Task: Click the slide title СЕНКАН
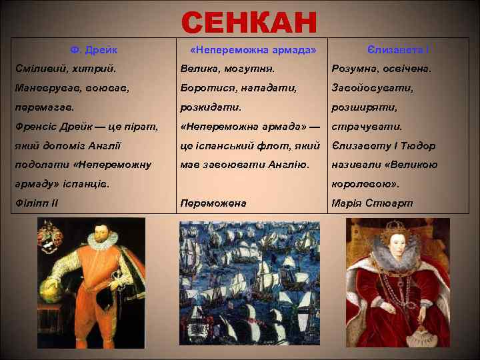pyautogui.click(x=249, y=22)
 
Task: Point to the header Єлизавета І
pyautogui.click(x=398, y=50)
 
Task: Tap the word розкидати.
pyautogui.click(x=211, y=107)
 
